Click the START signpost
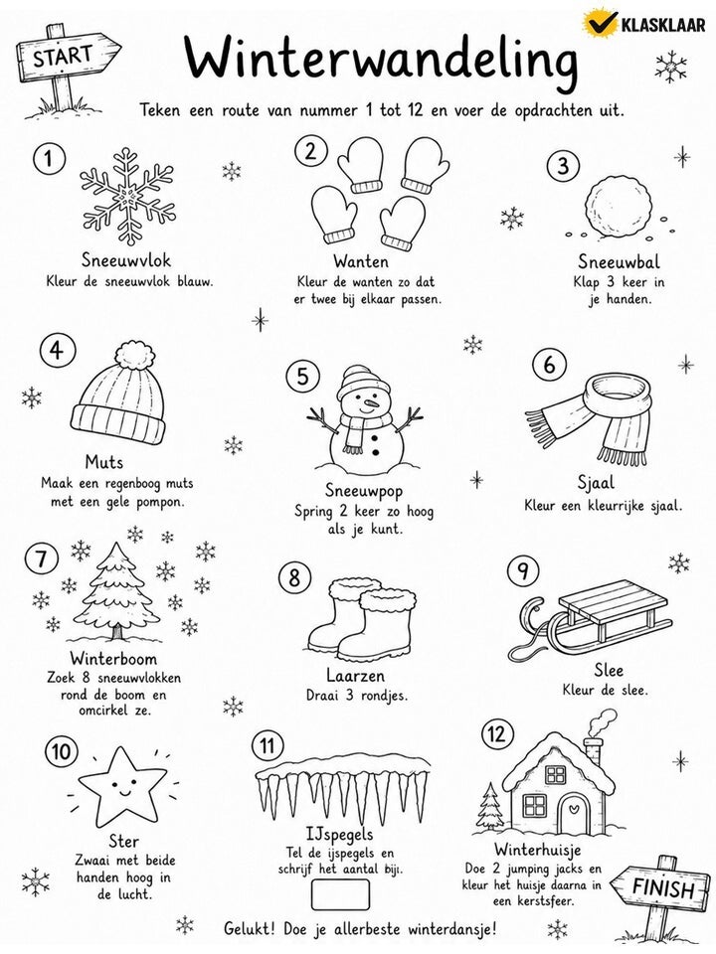(64, 59)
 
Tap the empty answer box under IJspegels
(340, 894)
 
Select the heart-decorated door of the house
(572, 814)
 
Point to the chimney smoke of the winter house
(601, 722)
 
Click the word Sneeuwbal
(619, 261)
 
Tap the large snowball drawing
(618, 206)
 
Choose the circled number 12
(496, 734)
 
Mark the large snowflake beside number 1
(127, 196)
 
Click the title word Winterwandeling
(381, 58)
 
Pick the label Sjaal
(596, 483)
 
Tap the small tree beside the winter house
(489, 806)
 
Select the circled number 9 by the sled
(523, 570)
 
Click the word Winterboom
(113, 658)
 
